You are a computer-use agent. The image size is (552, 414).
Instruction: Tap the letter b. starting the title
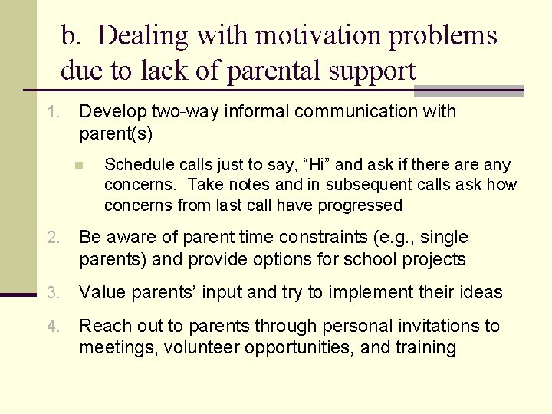71,35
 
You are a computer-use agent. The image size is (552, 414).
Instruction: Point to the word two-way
169,112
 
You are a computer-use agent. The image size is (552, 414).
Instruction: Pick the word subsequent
370,185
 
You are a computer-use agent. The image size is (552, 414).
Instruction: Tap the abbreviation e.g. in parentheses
409,238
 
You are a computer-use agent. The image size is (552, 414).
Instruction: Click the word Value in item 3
103,293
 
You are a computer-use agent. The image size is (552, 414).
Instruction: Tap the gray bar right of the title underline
468,91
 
